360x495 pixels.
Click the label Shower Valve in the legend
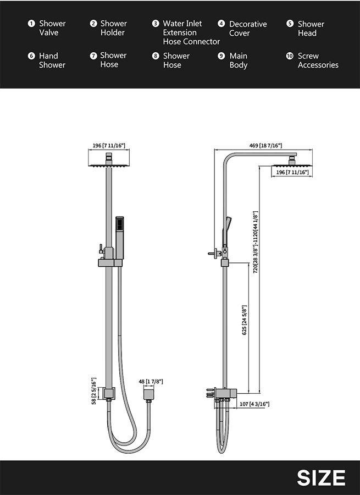pyautogui.click(x=52, y=28)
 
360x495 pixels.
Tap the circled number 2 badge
pyautogui.click(x=93, y=24)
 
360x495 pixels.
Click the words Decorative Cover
pyautogui.click(x=247, y=29)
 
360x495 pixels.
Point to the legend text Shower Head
pyautogui.click(x=311, y=29)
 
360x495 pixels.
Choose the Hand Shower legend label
pyautogui.click(x=52, y=61)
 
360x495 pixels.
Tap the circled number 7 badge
pyautogui.click(x=93, y=56)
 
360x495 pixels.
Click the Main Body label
pyautogui.click(x=239, y=61)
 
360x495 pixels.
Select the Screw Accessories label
pyautogui.click(x=318, y=61)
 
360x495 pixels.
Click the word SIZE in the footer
pyautogui.click(x=321, y=477)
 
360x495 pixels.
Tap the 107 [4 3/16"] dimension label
pyautogui.click(x=254, y=404)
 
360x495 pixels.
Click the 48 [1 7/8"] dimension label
pyautogui.click(x=150, y=381)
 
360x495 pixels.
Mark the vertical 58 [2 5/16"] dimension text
pyautogui.click(x=93, y=391)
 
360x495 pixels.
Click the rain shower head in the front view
pyautogui.click(x=109, y=163)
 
